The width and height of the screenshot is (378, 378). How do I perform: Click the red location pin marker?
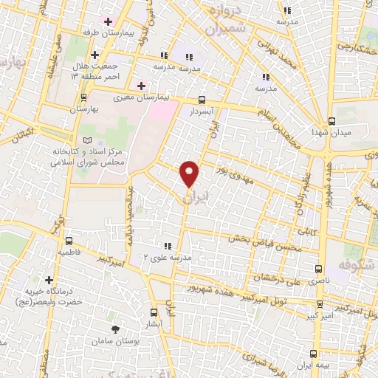[190, 173]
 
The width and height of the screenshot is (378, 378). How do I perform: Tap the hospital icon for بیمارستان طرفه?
[108, 21]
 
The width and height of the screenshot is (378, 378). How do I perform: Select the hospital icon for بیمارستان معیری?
[140, 86]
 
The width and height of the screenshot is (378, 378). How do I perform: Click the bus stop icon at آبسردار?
[202, 100]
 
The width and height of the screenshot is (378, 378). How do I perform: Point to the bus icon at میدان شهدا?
[331, 122]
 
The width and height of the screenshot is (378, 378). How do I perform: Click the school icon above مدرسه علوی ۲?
[168, 245]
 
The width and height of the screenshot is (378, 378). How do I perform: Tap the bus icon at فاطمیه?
[69, 241]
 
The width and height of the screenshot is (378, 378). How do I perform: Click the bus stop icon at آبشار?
[154, 312]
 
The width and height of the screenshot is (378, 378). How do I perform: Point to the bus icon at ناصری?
[319, 269]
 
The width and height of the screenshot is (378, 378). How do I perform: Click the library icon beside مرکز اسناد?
[89, 140]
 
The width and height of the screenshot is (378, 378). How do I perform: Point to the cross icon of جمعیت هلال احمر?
[94, 55]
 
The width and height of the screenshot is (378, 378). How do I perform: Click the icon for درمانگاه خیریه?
[49, 280]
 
